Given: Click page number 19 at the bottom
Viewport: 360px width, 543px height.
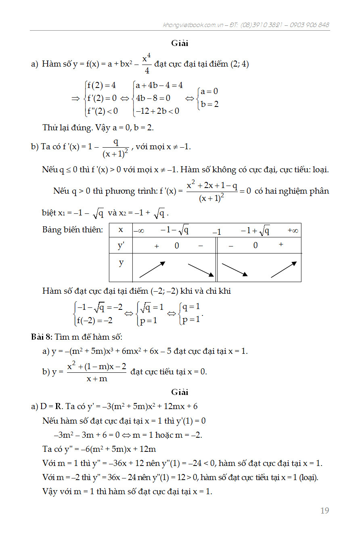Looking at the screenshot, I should [x=324, y=511].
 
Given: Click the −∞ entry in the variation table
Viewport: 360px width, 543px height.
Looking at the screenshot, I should [x=139, y=230].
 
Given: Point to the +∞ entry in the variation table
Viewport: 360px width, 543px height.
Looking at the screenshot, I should [x=293, y=230].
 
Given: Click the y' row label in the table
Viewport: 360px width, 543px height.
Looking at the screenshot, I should [x=121, y=245].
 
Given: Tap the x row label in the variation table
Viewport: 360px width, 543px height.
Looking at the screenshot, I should [x=121, y=230].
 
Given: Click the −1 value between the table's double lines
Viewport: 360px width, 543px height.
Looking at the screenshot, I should [x=217, y=232].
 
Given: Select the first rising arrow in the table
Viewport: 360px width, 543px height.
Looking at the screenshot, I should [x=152, y=269].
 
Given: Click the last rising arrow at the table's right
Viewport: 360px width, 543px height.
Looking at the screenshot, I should [x=284, y=269].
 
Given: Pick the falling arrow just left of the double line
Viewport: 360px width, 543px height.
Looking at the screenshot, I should [x=201, y=270].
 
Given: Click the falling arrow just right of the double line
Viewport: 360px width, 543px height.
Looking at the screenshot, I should [x=235, y=270].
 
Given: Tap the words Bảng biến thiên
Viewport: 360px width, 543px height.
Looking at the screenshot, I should [x=73, y=230].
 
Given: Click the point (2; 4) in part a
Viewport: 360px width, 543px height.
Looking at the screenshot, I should [x=239, y=64].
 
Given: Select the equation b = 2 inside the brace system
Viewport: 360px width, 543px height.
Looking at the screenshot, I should [x=210, y=104].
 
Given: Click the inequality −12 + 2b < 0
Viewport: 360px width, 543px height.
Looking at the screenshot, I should [x=157, y=111].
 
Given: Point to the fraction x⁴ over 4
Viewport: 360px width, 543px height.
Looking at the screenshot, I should [x=147, y=64].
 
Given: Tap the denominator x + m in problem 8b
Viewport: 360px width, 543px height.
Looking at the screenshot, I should [x=97, y=378].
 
